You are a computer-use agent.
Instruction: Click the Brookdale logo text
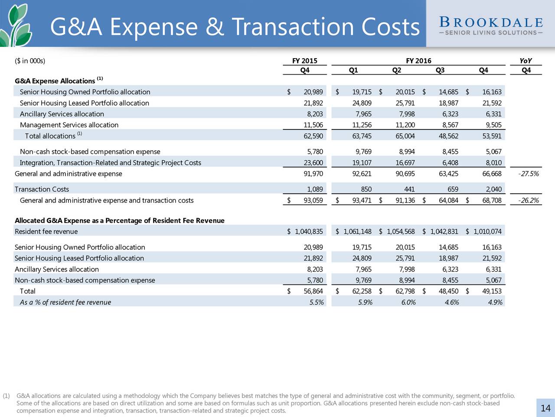tap(491, 26)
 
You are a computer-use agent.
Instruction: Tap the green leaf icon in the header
tap(16, 25)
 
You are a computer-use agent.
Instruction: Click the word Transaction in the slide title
tap(293, 26)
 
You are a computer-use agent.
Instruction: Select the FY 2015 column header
tap(305, 61)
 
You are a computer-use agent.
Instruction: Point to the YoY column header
tap(526, 61)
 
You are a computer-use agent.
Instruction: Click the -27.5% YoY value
tap(529, 174)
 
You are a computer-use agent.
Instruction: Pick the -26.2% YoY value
tap(529, 201)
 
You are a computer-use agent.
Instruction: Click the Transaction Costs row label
tap(42, 189)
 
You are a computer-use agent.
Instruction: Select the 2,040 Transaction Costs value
tap(493, 189)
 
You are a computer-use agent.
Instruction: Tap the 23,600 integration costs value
tap(313, 162)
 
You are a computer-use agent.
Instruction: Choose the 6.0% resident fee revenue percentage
tap(408, 302)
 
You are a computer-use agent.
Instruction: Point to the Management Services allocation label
tap(69, 125)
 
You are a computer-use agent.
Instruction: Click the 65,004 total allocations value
tap(405, 136)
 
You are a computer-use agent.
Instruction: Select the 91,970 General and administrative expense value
tap(313, 174)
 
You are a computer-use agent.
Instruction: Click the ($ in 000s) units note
tap(30, 61)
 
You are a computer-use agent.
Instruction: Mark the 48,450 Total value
tap(448, 291)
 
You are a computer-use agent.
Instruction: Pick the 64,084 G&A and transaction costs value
tap(448, 201)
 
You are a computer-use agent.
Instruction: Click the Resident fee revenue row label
tap(46, 232)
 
